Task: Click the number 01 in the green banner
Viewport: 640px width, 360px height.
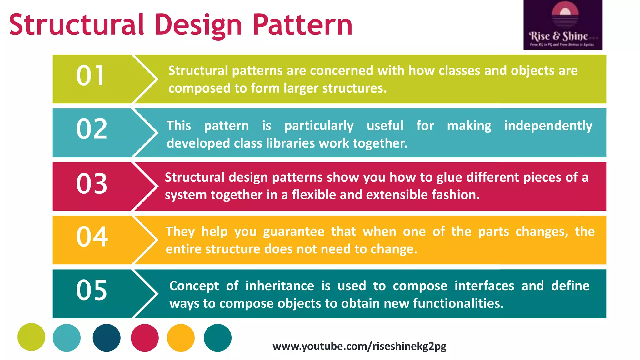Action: pos(90,76)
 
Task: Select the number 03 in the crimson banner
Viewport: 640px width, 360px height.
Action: pos(92,184)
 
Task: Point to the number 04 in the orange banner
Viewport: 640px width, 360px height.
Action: pos(92,237)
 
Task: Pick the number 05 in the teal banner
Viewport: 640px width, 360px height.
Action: pos(92,290)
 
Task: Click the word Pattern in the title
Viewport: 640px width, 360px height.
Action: pos(302,25)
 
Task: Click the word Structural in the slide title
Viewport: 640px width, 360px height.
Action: pos(77,25)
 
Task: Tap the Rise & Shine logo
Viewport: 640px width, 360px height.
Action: pos(563,25)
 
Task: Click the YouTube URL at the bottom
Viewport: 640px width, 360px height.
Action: pos(359,346)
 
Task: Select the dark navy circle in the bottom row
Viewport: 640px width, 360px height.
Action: pos(107,338)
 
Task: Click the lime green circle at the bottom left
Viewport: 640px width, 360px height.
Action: pos(31,337)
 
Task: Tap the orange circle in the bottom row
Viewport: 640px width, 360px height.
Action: pos(181,338)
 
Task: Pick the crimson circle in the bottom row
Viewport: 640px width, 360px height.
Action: pos(145,338)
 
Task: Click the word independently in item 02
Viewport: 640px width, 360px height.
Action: pos(548,126)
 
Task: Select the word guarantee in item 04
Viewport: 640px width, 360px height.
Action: pos(293,232)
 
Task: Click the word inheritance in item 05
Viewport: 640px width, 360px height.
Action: pos(280,286)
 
